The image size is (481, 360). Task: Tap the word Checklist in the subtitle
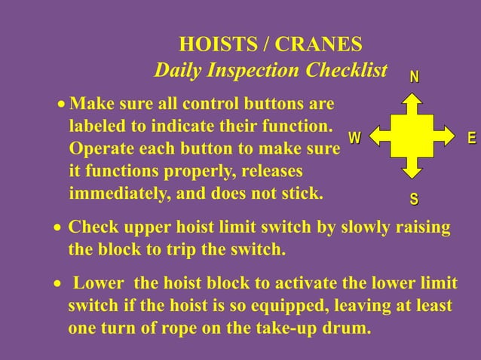click(348, 71)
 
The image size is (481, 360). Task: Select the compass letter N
click(415, 78)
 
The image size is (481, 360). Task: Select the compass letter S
click(414, 200)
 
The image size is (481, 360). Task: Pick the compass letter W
click(354, 138)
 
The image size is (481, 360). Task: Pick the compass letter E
click(472, 138)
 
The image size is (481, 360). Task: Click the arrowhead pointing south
click(412, 172)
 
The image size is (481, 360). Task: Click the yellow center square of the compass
click(412, 136)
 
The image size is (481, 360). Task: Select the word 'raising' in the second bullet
click(421, 228)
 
